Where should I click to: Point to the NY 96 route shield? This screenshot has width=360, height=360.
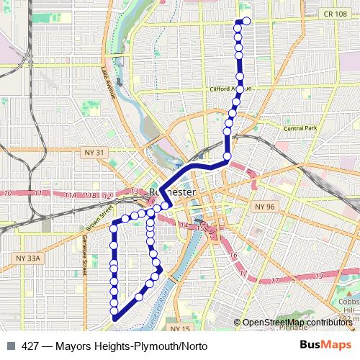coord(265,207)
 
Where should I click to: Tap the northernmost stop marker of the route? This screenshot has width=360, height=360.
coord(246,21)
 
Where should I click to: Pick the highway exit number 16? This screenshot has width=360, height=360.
coord(232,255)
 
